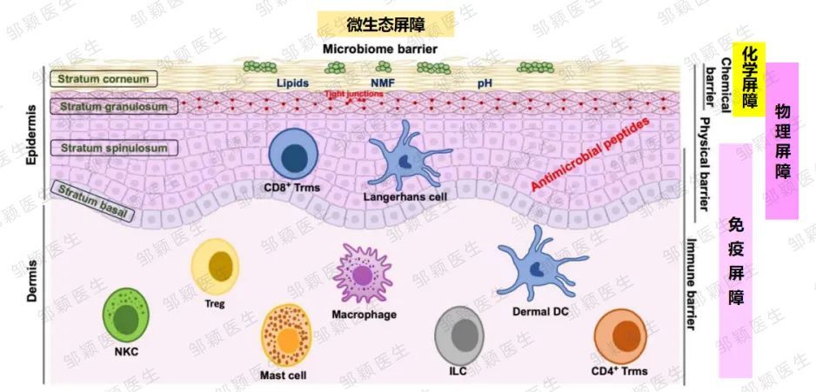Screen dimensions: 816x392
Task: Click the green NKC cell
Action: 126,315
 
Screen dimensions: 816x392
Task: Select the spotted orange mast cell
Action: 286,336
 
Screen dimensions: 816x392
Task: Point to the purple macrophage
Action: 363,274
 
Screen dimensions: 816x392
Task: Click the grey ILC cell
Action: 459,336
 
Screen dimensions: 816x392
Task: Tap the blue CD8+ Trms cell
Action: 293,154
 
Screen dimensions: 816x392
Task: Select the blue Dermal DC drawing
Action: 539,264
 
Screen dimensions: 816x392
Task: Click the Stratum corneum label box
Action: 104,79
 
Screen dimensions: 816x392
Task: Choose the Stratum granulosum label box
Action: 114,107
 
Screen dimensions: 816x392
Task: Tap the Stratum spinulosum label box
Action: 114,148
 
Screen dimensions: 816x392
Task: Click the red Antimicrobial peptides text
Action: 592,155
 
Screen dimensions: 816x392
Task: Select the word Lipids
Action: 292,83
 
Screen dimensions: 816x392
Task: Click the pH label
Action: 485,83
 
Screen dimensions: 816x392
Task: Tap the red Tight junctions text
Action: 354,94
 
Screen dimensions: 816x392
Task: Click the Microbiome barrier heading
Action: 380,50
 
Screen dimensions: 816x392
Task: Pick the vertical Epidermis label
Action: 32,136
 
